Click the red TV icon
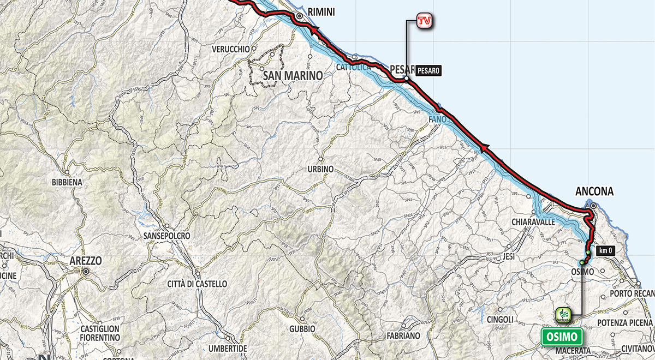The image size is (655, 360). (x=423, y=21)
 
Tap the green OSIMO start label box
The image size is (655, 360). (x=562, y=335)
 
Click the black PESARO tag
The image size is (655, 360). (x=428, y=70)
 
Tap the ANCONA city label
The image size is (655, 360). (x=594, y=191)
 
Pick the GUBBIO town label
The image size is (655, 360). (x=302, y=329)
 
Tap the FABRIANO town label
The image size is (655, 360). (x=403, y=336)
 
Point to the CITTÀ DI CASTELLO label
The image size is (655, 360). (x=196, y=284)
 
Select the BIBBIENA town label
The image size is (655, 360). (x=66, y=182)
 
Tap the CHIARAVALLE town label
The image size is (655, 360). (x=533, y=222)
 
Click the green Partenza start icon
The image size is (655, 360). (x=563, y=314)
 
